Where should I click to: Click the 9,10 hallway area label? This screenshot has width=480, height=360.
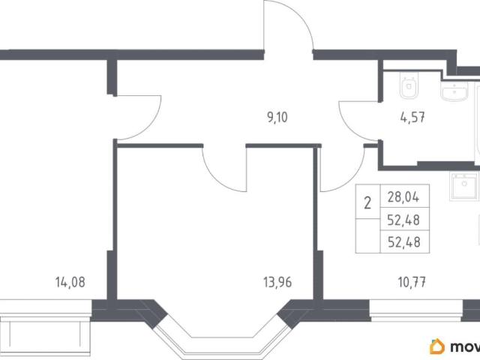point(277,117)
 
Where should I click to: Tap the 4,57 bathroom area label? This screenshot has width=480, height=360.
point(412,117)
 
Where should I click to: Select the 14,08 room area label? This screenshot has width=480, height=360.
point(70,282)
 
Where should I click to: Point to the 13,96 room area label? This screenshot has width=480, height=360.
point(277,282)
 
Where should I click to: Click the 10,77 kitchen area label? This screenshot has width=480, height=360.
point(412,282)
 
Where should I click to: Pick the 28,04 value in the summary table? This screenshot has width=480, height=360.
point(403,196)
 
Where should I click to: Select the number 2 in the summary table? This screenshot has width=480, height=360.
point(367,202)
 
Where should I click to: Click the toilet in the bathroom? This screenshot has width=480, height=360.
point(409,85)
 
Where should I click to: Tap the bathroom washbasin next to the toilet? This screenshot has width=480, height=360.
point(454,91)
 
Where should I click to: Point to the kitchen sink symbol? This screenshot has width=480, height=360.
point(463,187)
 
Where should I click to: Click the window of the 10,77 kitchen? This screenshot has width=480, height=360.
point(416,310)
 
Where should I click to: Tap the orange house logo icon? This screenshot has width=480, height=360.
point(437,346)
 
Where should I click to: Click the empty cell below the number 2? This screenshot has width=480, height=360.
point(367,235)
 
